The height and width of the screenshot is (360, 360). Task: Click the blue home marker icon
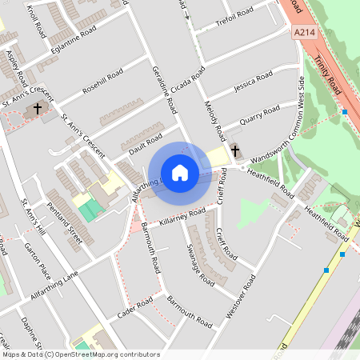click(x=180, y=173)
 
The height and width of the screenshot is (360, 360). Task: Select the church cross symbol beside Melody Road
click(x=234, y=150)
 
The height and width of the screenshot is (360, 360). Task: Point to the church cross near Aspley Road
click(x=37, y=108)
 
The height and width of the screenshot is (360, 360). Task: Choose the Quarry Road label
click(x=260, y=113)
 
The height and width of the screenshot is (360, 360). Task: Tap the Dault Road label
click(x=141, y=142)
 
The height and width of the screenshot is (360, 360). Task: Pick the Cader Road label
click(x=134, y=308)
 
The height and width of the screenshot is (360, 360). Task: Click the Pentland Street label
click(x=64, y=223)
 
